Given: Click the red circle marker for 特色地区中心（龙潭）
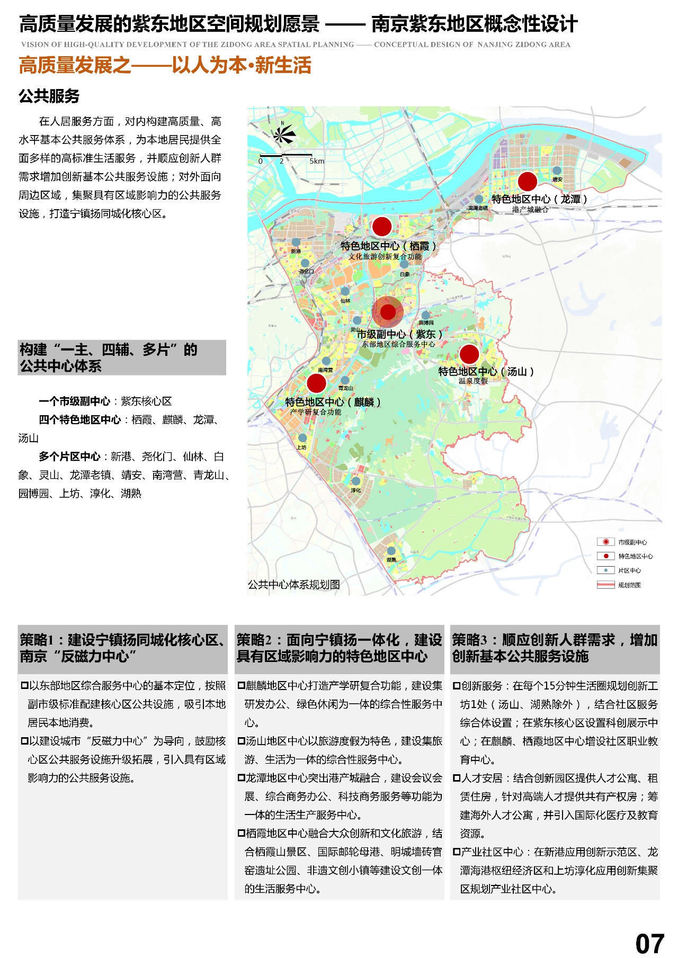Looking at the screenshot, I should pos(527,182).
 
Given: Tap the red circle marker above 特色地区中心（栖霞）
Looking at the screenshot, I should pos(381,227).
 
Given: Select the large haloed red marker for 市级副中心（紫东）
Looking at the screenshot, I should pos(388,312).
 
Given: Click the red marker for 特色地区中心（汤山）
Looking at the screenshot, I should pos(469,354).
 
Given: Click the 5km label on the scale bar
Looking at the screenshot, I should pos(317,161).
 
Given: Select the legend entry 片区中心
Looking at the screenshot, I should pos(629,570).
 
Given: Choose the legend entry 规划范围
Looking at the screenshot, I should pos(629,585).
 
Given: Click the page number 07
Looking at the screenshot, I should pos(649,943).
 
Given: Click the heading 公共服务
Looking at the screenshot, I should pos(49,96).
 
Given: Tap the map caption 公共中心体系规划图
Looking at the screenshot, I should pos(293,585).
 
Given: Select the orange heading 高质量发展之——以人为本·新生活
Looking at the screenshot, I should pos(165,66).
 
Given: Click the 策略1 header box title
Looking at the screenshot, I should pos(122,648).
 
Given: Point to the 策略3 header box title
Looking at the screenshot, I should pos(554,648).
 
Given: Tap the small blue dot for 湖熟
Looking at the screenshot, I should pos(391,551).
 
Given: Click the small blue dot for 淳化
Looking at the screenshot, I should pos(355,481).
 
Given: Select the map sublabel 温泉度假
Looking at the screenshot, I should pos(473,381).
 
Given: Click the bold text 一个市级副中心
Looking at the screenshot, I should pos(74,401).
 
